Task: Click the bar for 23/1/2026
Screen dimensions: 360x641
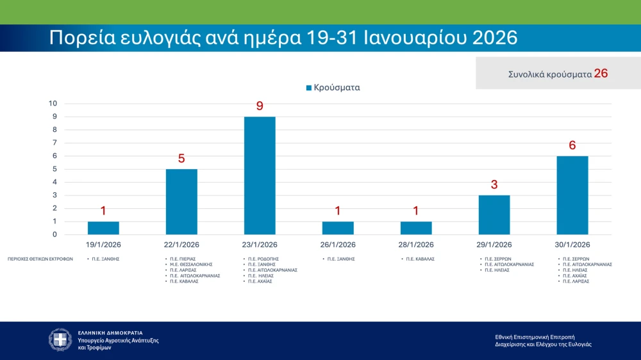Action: point(260,176)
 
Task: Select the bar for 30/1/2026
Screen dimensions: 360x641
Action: point(572,195)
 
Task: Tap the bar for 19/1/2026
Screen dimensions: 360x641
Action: point(103,228)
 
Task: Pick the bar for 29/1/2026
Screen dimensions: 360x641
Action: point(494,215)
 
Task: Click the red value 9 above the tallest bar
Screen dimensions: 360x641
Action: point(260,106)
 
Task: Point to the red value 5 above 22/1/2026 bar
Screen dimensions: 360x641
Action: point(181,158)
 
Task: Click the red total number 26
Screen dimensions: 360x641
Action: point(601,73)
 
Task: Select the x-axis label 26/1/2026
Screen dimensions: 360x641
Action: point(338,245)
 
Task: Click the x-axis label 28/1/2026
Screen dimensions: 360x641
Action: point(416,245)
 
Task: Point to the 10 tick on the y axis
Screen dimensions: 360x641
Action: point(53,104)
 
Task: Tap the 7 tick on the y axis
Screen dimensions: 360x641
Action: point(54,143)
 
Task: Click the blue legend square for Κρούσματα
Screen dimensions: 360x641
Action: point(309,88)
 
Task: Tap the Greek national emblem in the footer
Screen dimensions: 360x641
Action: point(61,340)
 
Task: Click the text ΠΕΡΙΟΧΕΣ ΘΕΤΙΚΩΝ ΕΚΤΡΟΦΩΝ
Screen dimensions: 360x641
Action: point(40,259)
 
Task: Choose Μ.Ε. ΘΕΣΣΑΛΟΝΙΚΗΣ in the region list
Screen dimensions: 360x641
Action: point(191,265)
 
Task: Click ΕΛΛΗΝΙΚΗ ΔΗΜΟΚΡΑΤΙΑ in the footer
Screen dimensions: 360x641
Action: point(110,333)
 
